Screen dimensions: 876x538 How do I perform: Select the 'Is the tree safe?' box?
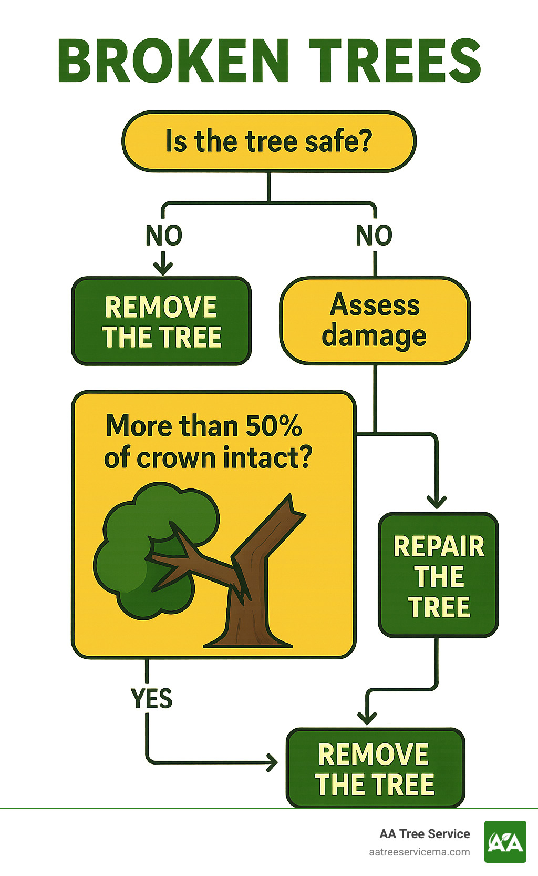[268, 141]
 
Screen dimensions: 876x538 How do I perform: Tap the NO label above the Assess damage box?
[374, 236]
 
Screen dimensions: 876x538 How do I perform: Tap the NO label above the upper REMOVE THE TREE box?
[164, 236]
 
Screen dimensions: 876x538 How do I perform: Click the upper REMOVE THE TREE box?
[161, 321]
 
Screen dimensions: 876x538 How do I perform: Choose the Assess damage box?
[375, 320]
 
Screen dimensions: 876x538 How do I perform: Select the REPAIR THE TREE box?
[438, 576]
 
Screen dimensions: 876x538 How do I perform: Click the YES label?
[151, 699]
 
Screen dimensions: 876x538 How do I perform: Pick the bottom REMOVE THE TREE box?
[375, 768]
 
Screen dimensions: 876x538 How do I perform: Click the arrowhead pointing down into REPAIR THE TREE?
[437, 502]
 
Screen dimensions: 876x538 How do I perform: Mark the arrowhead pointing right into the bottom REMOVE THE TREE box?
[273, 761]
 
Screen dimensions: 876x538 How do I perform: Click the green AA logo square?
[505, 842]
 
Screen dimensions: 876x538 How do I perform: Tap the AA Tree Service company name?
[425, 834]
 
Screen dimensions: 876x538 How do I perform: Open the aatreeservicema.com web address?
[419, 852]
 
